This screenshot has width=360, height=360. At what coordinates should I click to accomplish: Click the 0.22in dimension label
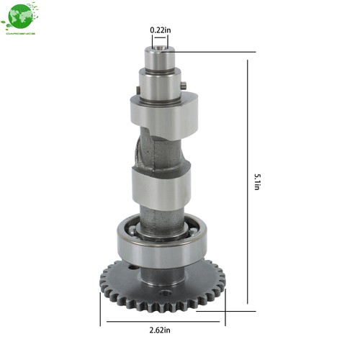click(x=160, y=30)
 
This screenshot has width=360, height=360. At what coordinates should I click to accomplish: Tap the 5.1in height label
click(x=257, y=181)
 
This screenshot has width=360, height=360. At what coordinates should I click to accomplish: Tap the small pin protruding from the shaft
click(x=184, y=86)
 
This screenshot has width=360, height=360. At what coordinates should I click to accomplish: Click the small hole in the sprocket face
click(x=166, y=293)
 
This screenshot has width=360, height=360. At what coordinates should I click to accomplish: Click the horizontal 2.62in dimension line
click(x=162, y=321)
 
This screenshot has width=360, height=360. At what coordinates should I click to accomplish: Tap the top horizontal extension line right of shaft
click(x=216, y=52)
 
